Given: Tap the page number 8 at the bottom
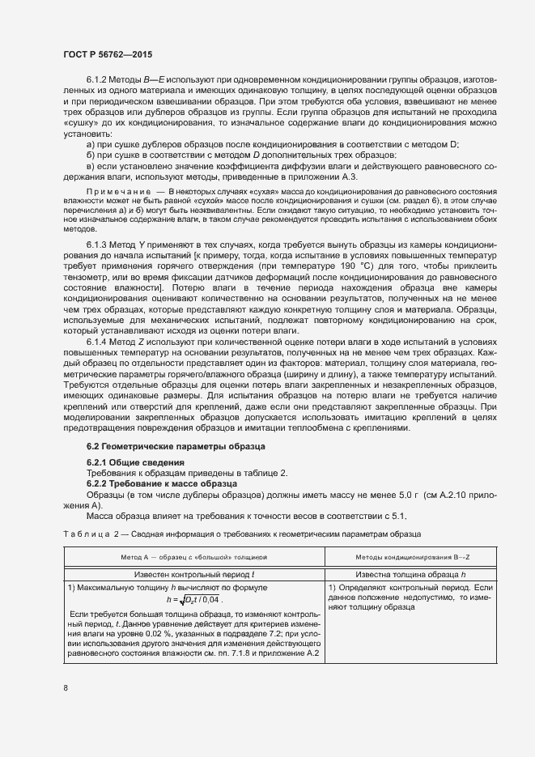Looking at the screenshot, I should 65,688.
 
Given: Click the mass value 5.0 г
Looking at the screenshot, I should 372,494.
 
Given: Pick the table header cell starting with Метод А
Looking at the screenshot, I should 193,557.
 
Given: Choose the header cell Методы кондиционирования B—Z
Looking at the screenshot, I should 413,557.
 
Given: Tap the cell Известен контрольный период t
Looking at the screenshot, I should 193,573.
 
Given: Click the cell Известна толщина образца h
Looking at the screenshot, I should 413,573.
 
